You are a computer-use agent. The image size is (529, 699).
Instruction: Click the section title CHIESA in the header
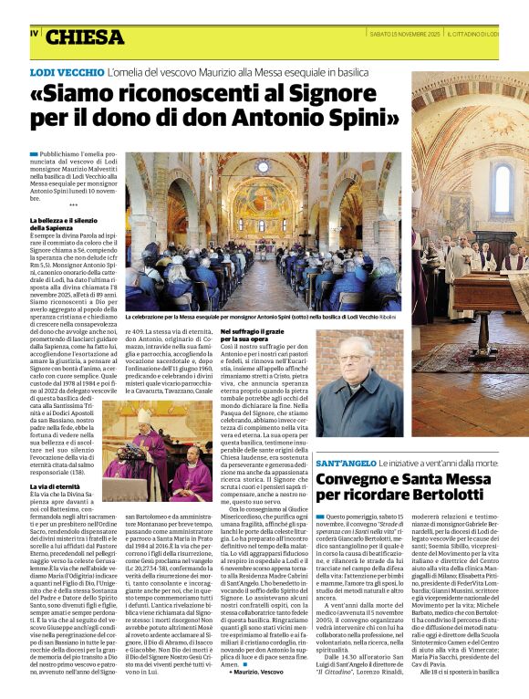pos(84,37)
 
